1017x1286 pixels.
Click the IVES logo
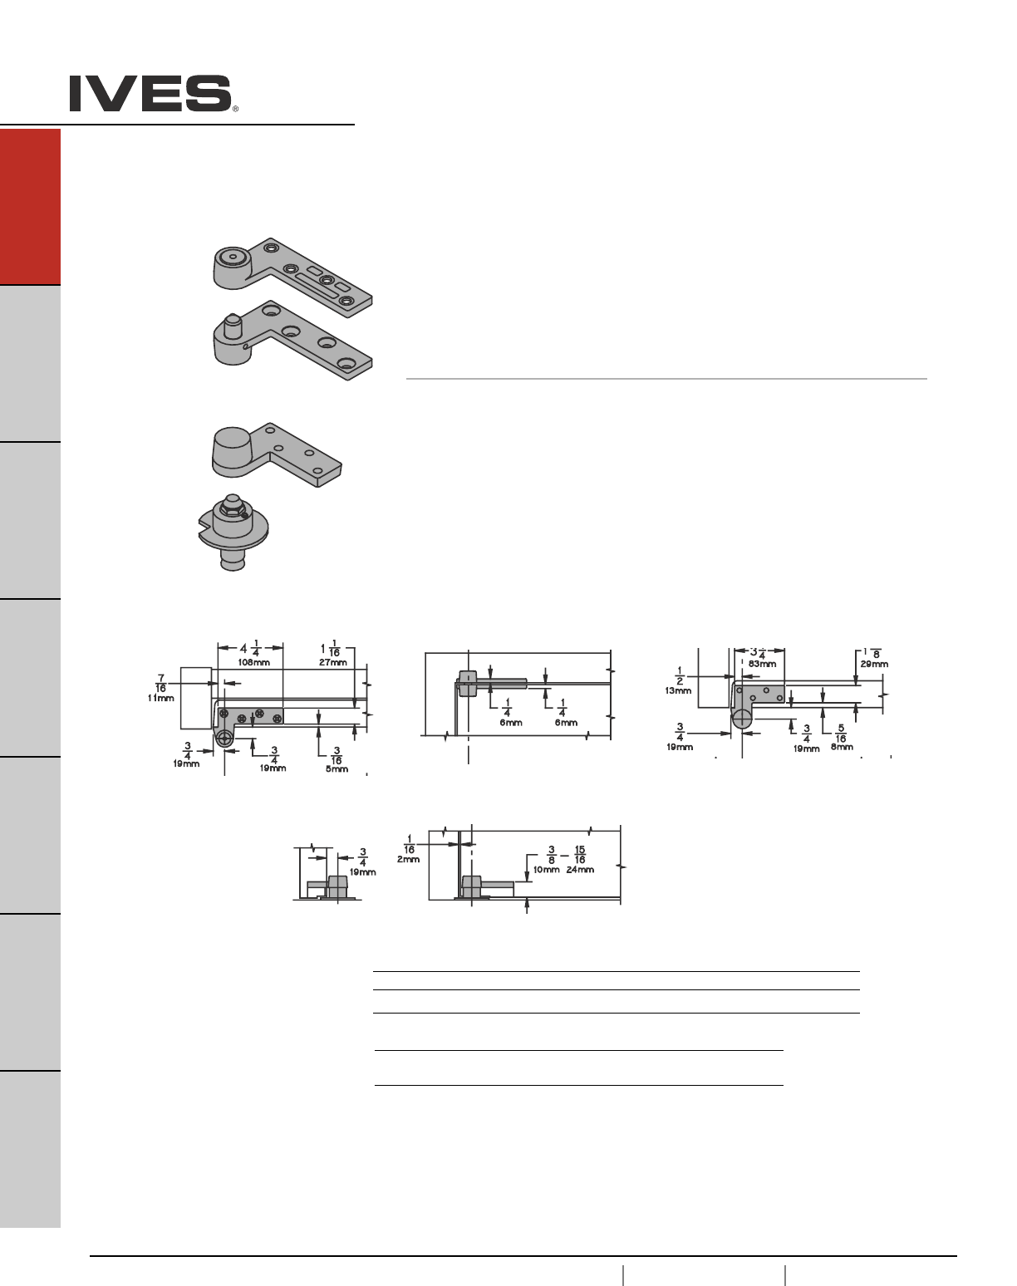(x=150, y=93)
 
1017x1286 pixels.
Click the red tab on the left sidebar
(x=30, y=207)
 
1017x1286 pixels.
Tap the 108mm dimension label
(x=254, y=662)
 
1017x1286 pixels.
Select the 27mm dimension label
(x=333, y=662)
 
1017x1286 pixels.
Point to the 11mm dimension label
(x=161, y=698)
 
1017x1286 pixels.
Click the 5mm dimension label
(x=337, y=769)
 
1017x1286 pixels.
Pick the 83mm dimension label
(x=762, y=664)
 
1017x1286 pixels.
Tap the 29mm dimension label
(x=874, y=664)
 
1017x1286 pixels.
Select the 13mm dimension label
(x=678, y=691)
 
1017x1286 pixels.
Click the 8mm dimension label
(x=842, y=747)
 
